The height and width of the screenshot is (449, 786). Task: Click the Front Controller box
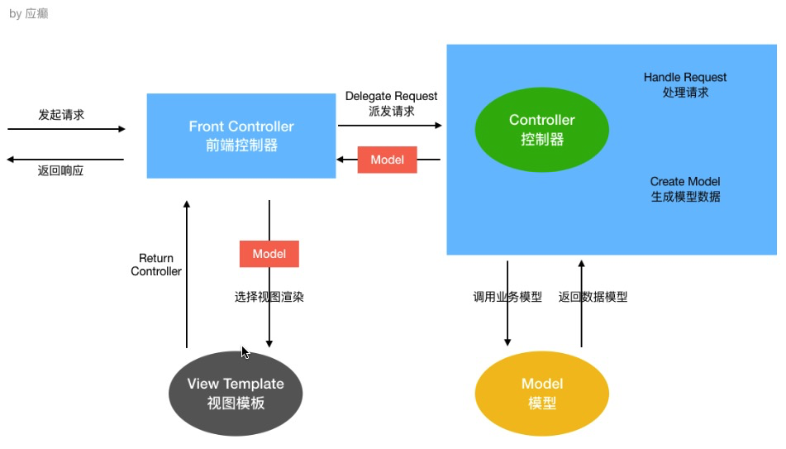point(241,136)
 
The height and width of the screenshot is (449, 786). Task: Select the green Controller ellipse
point(542,130)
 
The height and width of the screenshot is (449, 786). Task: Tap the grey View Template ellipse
point(236,394)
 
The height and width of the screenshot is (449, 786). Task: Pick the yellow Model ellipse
point(542,394)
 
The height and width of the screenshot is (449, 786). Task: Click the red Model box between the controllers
point(387,160)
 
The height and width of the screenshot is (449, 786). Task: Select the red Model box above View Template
point(269,254)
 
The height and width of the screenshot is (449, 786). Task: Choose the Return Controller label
point(156,265)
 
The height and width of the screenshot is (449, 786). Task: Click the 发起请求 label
point(61,115)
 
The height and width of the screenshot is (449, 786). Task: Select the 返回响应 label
point(60,170)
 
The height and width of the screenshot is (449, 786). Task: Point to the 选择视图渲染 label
point(269,297)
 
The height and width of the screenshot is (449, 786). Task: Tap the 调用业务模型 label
point(507,297)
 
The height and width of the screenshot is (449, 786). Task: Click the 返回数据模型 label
point(593,297)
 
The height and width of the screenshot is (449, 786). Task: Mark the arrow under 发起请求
point(66,129)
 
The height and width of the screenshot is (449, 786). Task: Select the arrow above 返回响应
point(65,160)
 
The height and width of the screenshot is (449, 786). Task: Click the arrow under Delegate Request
point(390,126)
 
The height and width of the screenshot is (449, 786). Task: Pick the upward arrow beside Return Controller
point(187,275)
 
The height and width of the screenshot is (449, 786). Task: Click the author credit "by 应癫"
point(29,13)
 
